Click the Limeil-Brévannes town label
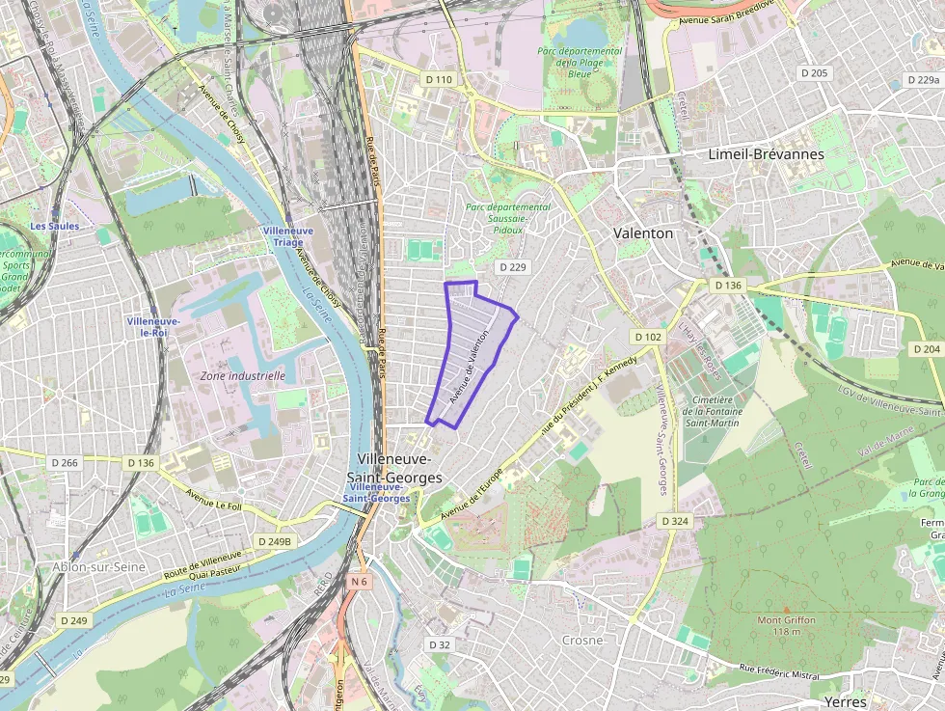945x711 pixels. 766,154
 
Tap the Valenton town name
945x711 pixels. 643,233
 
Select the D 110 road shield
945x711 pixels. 439,79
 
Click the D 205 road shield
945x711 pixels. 814,73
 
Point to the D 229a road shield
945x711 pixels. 922,80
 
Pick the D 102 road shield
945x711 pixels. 648,337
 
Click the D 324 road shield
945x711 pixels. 675,521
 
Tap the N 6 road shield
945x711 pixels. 360,582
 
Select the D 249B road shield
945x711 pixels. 274,542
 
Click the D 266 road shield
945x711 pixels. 64,463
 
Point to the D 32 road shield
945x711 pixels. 439,644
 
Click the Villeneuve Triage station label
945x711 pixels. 287,237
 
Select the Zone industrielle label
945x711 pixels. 242,376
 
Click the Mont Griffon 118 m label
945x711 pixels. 786,626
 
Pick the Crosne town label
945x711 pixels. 582,641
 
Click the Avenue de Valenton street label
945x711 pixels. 476,368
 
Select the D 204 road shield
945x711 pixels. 925,349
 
